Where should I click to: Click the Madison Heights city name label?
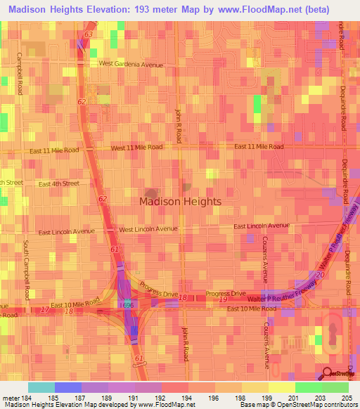tap(180, 201)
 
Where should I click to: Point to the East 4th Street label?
tap(59, 183)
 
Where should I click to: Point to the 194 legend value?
tap(175, 398)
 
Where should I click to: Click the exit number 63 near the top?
tap(88, 34)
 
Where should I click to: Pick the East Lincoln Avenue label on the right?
tap(262, 226)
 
